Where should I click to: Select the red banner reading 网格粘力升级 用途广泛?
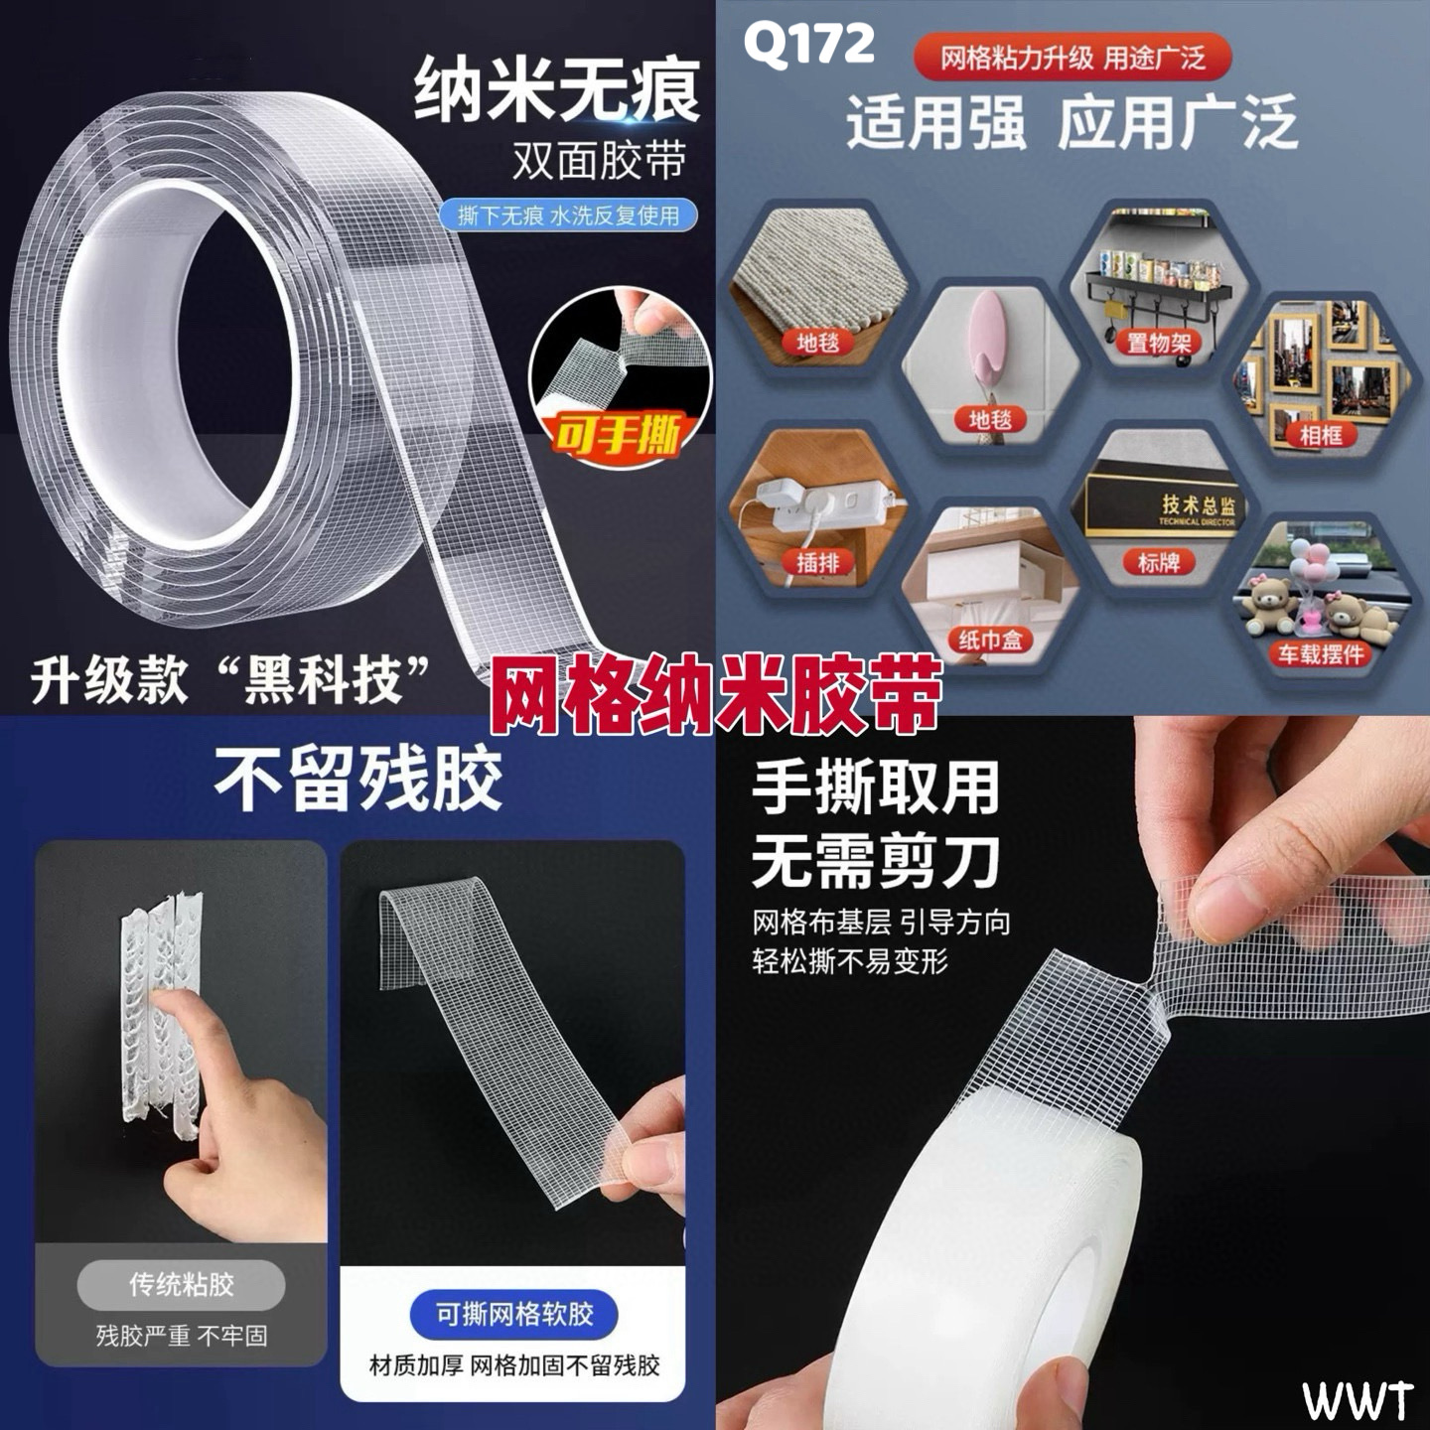click(x=1072, y=58)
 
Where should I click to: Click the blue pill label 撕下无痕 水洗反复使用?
click(x=568, y=215)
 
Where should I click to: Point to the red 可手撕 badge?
click(x=618, y=435)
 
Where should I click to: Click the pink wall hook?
click(x=989, y=332)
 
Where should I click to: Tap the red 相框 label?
click(x=1321, y=435)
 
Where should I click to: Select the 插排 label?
click(x=817, y=563)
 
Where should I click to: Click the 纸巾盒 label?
click(x=990, y=639)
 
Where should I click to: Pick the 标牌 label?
click(x=1158, y=563)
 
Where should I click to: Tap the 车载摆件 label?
click(x=1321, y=653)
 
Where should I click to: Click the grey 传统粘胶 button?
click(x=181, y=1284)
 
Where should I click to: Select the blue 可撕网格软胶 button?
click(x=514, y=1314)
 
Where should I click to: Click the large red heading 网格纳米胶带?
click(x=715, y=693)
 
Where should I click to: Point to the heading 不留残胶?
click(x=358, y=780)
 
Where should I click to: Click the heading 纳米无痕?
click(x=556, y=90)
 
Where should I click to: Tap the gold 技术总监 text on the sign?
click(x=1199, y=505)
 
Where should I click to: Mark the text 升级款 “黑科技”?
click(x=230, y=680)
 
